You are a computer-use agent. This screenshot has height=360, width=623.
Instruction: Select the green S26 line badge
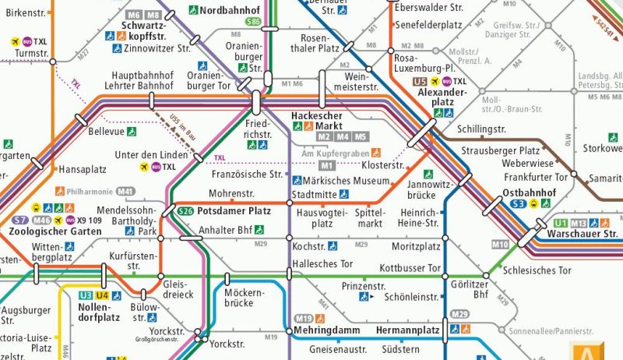pos(185,211)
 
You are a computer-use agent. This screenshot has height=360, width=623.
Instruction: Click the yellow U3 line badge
pos(84,295)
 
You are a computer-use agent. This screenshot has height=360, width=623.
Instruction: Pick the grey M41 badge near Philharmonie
pos(125,191)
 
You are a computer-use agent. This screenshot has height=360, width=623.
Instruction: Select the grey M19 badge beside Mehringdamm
pos(304,318)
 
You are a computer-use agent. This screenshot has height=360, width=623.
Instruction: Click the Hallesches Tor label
pos(325,264)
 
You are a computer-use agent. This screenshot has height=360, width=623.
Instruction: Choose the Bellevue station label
pos(106,132)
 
